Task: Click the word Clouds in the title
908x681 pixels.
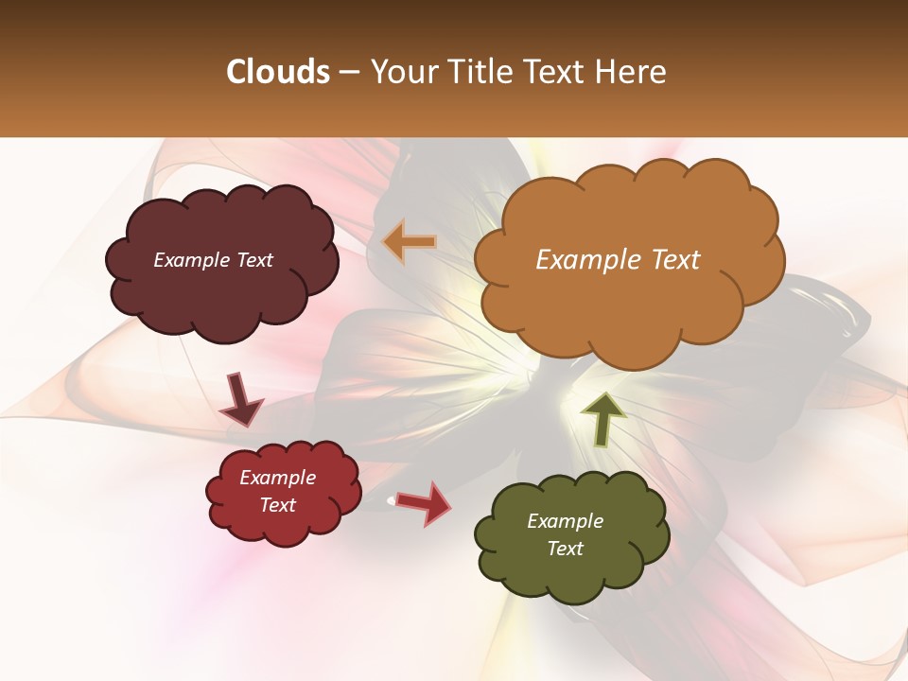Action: [278, 72]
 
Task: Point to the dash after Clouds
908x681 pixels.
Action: [349, 73]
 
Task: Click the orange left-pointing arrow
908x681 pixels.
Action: [409, 242]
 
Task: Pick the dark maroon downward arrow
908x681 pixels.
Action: [240, 400]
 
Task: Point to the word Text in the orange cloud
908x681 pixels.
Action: [673, 260]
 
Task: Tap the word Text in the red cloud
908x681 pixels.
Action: [278, 505]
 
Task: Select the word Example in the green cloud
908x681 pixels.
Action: [565, 521]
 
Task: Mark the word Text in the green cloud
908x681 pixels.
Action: [565, 549]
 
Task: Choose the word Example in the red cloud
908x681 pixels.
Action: [278, 478]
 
